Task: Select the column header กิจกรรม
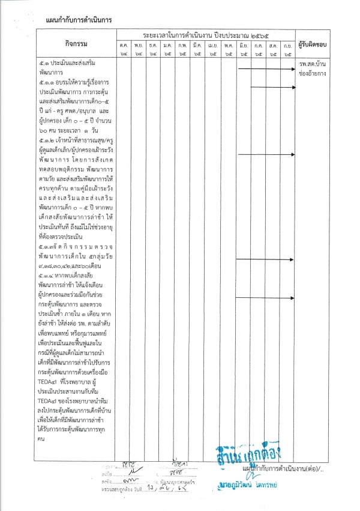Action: [75, 44]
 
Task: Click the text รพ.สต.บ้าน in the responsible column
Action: [312, 63]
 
